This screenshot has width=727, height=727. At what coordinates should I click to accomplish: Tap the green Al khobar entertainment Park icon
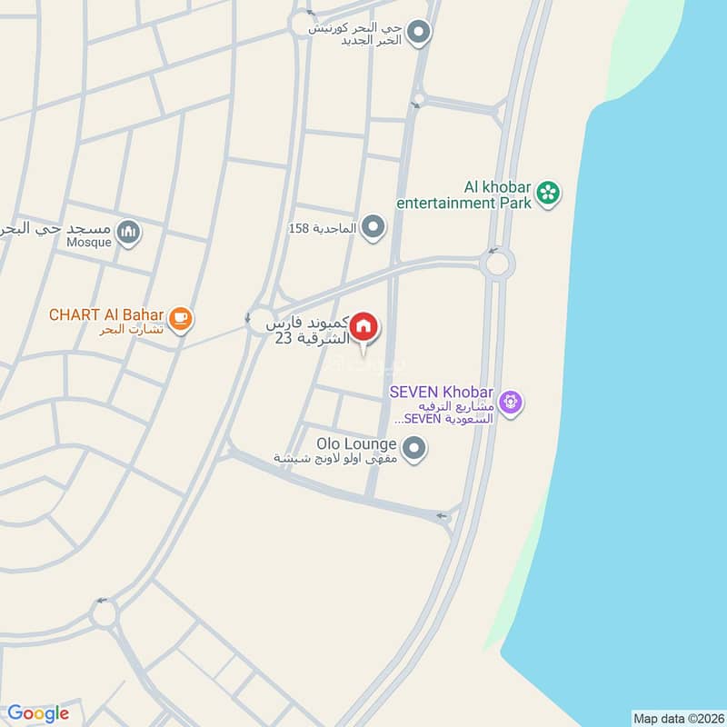click(x=547, y=193)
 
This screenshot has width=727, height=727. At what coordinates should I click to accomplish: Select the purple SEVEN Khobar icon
click(x=512, y=400)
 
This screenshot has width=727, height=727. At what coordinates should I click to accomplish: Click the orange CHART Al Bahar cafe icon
click(x=181, y=317)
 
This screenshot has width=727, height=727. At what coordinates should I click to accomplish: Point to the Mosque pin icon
click(x=130, y=233)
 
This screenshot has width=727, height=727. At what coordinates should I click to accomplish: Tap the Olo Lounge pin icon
click(x=414, y=449)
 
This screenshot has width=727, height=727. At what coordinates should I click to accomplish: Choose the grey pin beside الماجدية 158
click(x=373, y=227)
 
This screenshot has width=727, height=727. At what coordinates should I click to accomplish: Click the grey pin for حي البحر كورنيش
click(x=418, y=34)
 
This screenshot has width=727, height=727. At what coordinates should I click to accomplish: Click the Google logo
click(x=37, y=713)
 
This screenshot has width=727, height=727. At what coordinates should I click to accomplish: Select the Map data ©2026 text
click(x=677, y=718)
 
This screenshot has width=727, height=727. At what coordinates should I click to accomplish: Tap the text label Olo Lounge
click(x=356, y=444)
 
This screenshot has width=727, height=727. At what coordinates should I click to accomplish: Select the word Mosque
click(x=89, y=243)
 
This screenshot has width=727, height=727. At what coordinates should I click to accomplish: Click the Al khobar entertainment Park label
click(x=463, y=194)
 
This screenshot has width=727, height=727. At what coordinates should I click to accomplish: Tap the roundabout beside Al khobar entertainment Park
click(x=497, y=264)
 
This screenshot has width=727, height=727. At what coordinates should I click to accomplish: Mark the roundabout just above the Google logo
click(x=103, y=615)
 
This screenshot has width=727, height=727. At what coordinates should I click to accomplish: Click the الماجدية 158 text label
click(x=323, y=228)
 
